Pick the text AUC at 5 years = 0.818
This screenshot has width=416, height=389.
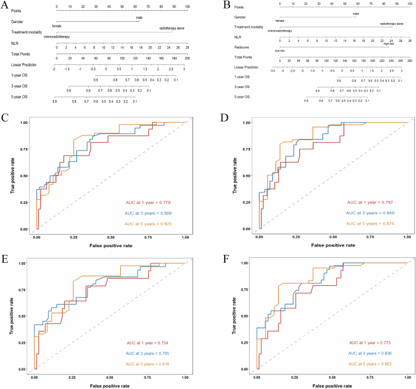click(140, 364)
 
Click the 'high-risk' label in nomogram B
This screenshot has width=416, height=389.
click(389, 44)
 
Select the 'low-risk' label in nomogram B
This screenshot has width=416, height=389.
click(280, 51)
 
